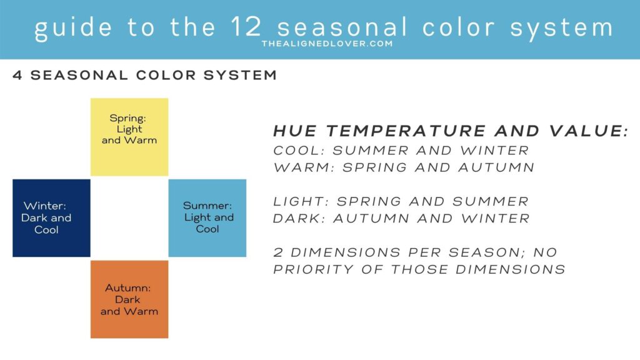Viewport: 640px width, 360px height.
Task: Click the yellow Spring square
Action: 129,137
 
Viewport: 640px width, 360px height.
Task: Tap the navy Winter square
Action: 51,218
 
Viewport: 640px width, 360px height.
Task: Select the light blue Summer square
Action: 207,218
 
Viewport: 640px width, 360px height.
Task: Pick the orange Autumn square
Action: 129,299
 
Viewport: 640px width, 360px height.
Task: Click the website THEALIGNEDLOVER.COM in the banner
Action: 327,44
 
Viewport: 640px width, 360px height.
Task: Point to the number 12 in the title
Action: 246,27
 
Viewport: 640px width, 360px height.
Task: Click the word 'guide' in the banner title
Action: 74,27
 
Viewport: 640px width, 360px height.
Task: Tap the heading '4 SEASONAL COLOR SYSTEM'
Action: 145,75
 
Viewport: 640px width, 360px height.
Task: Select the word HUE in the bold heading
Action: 295,131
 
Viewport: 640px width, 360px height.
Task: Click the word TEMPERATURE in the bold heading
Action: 406,131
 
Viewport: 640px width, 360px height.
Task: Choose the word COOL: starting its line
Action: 299,150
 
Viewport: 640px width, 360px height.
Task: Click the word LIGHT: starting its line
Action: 301,201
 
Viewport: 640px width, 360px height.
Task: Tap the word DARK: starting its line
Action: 299,218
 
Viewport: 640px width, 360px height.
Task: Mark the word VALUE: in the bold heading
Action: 589,131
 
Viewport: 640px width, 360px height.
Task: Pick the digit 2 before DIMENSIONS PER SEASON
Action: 278,252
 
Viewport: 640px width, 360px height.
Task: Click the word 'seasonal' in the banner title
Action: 342,27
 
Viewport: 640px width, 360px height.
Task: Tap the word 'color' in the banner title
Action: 458,27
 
